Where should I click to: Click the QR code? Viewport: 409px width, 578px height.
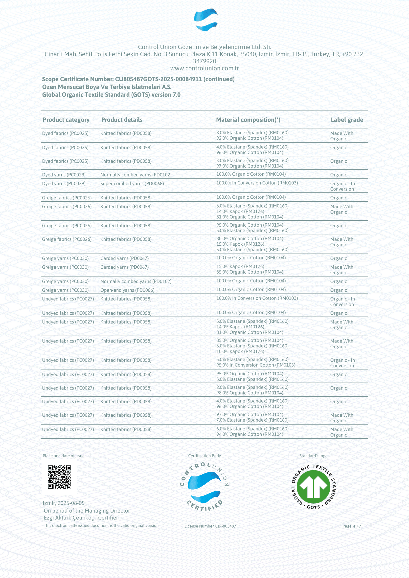[59, 477]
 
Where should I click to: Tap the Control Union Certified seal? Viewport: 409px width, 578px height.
[204, 487]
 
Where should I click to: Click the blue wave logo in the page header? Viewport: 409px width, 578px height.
[206, 20]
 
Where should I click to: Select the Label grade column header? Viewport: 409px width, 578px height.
[347, 120]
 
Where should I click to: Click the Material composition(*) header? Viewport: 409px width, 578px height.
[248, 120]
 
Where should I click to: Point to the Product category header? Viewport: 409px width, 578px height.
[66, 120]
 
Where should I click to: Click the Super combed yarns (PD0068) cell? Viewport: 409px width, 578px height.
[132, 184]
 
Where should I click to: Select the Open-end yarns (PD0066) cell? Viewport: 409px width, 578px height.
[127, 290]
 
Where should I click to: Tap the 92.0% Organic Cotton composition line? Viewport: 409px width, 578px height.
[250, 138]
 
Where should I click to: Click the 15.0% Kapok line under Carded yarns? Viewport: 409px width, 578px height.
[240, 266]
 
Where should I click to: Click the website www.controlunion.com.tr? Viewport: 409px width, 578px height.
[204, 68]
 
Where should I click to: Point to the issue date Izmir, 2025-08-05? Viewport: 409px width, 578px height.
[64, 503]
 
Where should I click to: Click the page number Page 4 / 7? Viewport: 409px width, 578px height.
[352, 526]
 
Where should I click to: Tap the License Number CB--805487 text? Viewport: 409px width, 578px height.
[210, 526]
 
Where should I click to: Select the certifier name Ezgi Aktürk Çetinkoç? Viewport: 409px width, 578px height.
[69, 518]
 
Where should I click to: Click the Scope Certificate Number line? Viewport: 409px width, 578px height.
[138, 79]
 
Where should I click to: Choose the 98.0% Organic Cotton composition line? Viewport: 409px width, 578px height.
[250, 393]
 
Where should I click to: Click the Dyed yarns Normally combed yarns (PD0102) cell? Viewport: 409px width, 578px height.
[136, 175]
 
